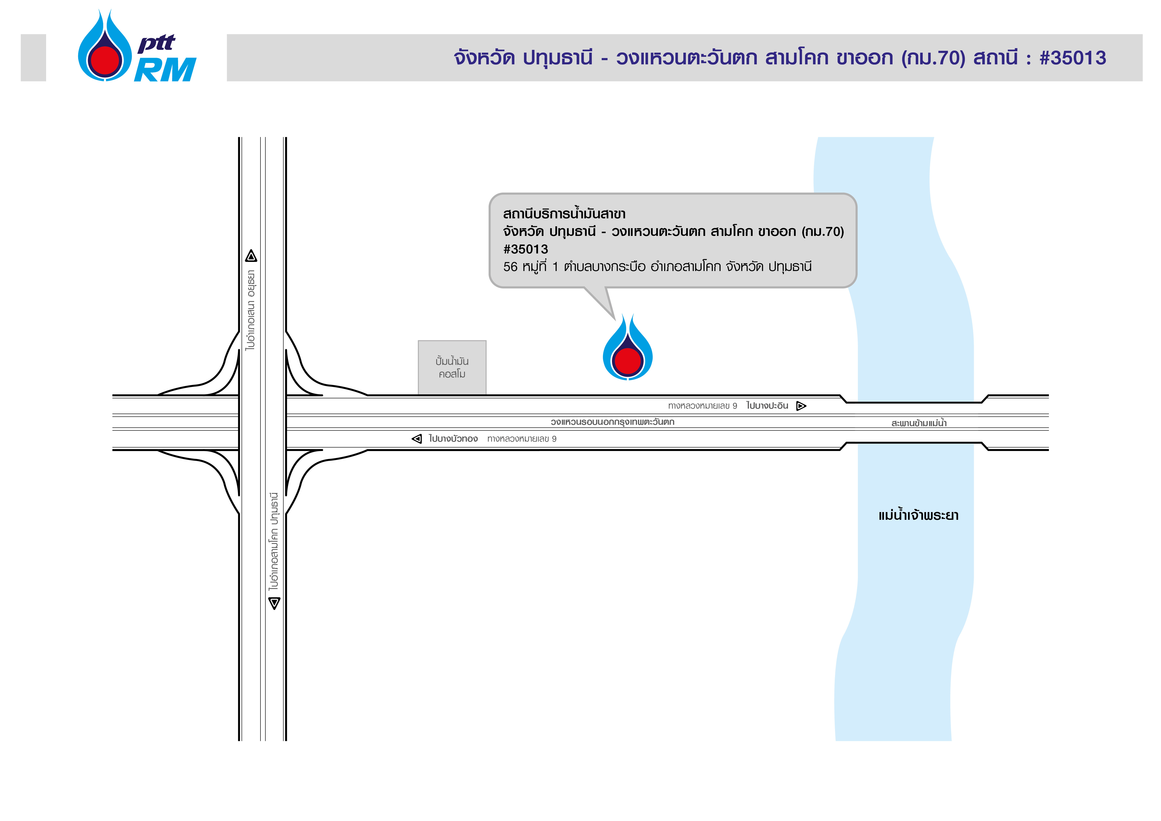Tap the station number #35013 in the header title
(1073, 58)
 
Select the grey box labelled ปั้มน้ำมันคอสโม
(452, 367)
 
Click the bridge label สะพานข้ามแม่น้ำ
(919, 423)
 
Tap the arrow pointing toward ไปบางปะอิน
(801, 406)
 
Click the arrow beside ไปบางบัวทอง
(417, 439)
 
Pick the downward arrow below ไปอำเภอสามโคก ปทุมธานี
(274, 603)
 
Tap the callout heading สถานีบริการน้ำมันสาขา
(564, 214)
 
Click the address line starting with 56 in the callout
(657, 266)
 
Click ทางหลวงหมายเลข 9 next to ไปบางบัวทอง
(522, 439)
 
